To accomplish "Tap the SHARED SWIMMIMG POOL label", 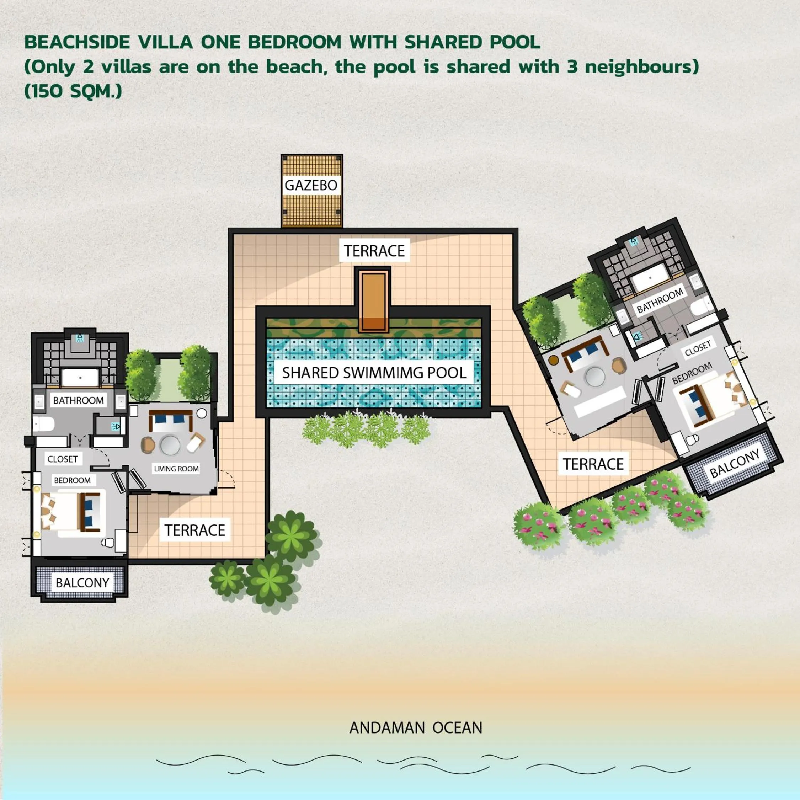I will tap(374, 373).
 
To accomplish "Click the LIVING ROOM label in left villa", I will tap(176, 469).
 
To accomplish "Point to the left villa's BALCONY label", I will tap(82, 583).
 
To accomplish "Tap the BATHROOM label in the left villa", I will tap(78, 400).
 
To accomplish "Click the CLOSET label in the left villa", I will tap(63, 459).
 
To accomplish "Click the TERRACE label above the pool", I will tap(374, 251).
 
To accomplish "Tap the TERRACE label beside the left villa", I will tap(194, 530).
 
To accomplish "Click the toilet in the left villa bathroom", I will tap(43, 425).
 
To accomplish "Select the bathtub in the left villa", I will tap(80, 378).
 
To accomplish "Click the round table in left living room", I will tap(170, 446).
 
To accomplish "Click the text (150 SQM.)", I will tap(73, 91).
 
